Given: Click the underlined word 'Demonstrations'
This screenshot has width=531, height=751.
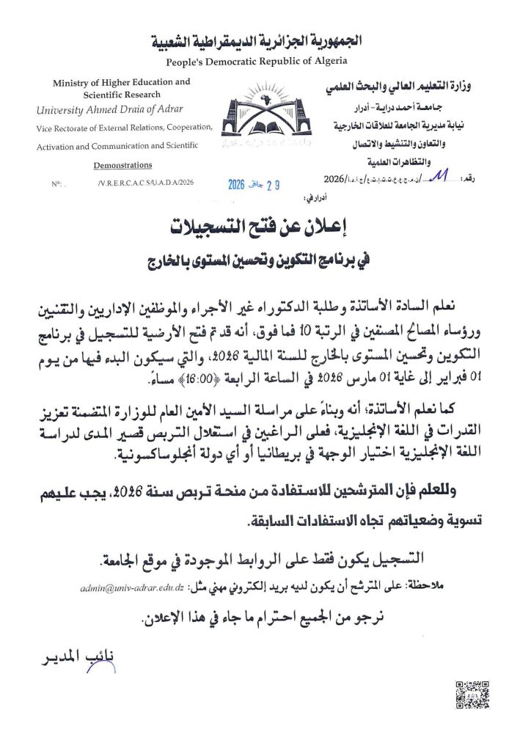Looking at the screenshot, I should tap(123, 165).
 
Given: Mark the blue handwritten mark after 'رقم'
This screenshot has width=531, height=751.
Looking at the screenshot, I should tap(439, 177).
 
